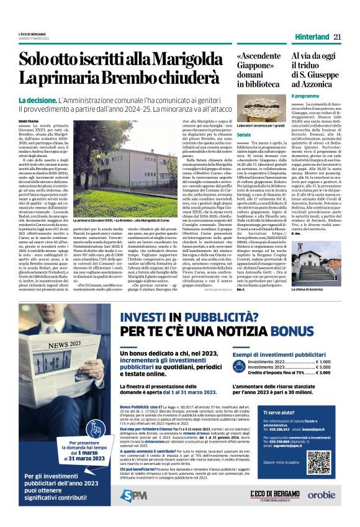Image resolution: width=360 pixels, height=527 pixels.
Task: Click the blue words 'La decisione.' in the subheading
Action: click(37, 100)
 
